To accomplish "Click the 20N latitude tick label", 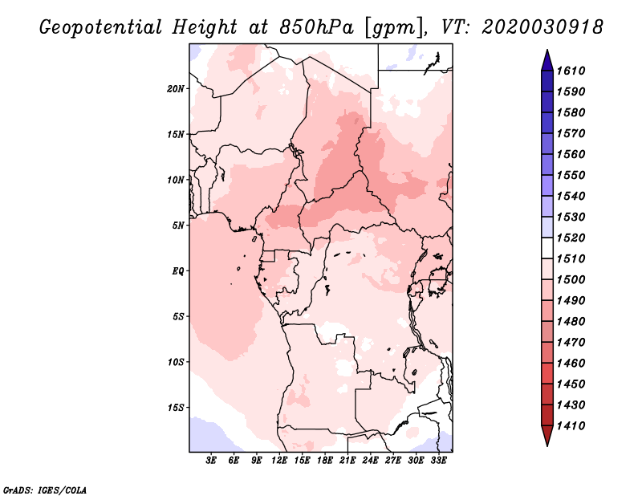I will tap(176, 88).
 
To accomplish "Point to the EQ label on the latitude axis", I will tap(177, 270).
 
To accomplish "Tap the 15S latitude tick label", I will tap(176, 407).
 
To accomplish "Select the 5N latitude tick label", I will tap(178, 226).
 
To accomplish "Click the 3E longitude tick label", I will tap(212, 461).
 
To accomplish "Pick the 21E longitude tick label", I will tap(347, 461).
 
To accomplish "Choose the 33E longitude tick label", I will tap(438, 461).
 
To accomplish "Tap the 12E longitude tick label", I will tap(279, 461).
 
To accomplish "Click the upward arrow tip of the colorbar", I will tap(547, 52).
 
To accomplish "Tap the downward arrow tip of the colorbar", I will tap(547, 444).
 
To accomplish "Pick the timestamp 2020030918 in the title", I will tap(543, 27).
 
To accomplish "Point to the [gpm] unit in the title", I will tap(391, 27).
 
